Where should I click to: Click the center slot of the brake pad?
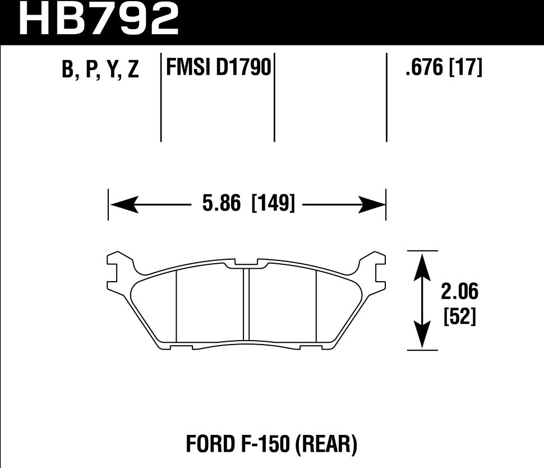[x=246, y=304]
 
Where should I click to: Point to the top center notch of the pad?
[x=246, y=262]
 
